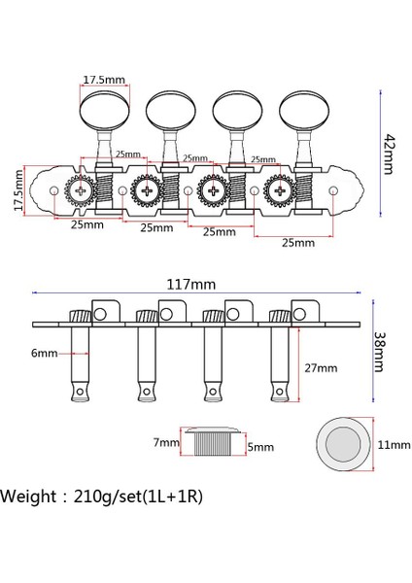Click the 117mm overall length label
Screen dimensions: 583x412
tap(190, 285)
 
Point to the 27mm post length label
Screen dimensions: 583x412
tap(321, 368)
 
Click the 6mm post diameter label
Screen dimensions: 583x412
tap(44, 354)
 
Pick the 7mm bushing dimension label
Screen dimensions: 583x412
tap(166, 443)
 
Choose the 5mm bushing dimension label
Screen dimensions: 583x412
tap(259, 448)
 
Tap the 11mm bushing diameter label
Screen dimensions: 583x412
tap(393, 444)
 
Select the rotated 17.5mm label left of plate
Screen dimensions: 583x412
tap(17, 191)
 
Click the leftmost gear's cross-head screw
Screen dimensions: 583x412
tap(81, 191)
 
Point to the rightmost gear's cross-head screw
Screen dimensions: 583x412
tap(281, 191)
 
